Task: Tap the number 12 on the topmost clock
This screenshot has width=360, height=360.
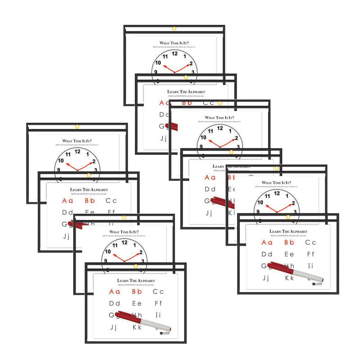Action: (175, 54)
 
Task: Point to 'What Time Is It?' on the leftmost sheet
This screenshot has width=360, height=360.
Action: (77, 139)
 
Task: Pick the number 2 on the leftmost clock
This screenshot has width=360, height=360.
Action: (94, 162)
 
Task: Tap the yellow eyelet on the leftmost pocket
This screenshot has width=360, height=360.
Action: (77, 126)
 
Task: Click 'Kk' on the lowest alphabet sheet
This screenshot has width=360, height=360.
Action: (137, 327)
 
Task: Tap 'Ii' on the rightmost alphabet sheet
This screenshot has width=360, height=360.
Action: (310, 266)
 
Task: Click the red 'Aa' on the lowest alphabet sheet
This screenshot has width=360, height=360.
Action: (114, 292)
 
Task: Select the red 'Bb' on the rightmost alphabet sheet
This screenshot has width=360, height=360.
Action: (289, 243)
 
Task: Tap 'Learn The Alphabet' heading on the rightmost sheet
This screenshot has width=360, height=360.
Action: (288, 231)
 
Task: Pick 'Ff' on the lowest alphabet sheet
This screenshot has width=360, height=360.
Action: (158, 303)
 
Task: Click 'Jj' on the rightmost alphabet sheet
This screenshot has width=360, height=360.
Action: (266, 278)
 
